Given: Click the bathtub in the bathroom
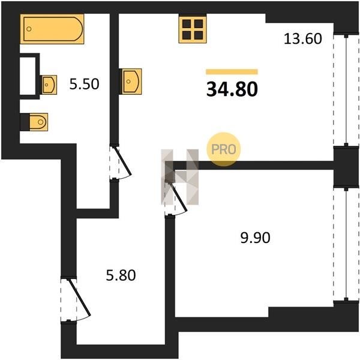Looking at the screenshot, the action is tap(52, 29).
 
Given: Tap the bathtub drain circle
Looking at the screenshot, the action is tap(29, 29).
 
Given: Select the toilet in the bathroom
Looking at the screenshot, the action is tap(38, 122).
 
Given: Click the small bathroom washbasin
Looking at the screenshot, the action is tap(49, 85).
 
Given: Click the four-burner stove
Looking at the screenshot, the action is tap(193, 29).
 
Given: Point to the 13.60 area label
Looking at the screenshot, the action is tap(302, 38).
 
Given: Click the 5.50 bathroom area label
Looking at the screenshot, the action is tap(84, 84).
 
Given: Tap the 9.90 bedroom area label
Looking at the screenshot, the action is tap(255, 238).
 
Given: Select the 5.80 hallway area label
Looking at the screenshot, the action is tap(121, 275).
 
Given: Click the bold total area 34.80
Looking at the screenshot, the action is tap(232, 89).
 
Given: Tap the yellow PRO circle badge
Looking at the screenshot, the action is tap(224, 149).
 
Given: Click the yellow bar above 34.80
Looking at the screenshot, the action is tap(232, 72).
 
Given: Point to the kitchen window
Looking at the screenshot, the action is tap(346, 90).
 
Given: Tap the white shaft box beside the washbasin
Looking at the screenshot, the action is tap(28, 76).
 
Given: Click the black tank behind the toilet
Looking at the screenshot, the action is tap(25, 122).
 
